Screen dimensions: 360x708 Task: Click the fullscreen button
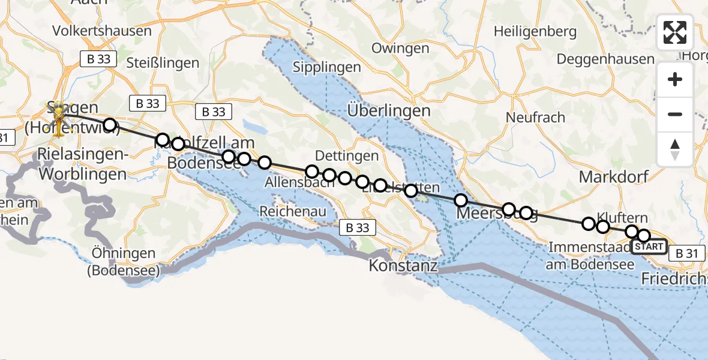(675, 32)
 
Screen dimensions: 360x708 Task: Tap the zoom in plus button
(675, 79)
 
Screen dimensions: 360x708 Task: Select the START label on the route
(649, 247)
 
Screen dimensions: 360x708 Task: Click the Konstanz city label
(403, 265)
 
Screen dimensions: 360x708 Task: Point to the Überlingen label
(389, 110)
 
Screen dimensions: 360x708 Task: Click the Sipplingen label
(326, 67)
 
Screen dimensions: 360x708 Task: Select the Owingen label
(400, 49)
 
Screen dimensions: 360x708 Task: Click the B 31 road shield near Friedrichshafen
(686, 253)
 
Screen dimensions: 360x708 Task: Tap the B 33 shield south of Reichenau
(358, 227)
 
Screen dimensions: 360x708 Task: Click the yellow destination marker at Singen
(59, 113)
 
